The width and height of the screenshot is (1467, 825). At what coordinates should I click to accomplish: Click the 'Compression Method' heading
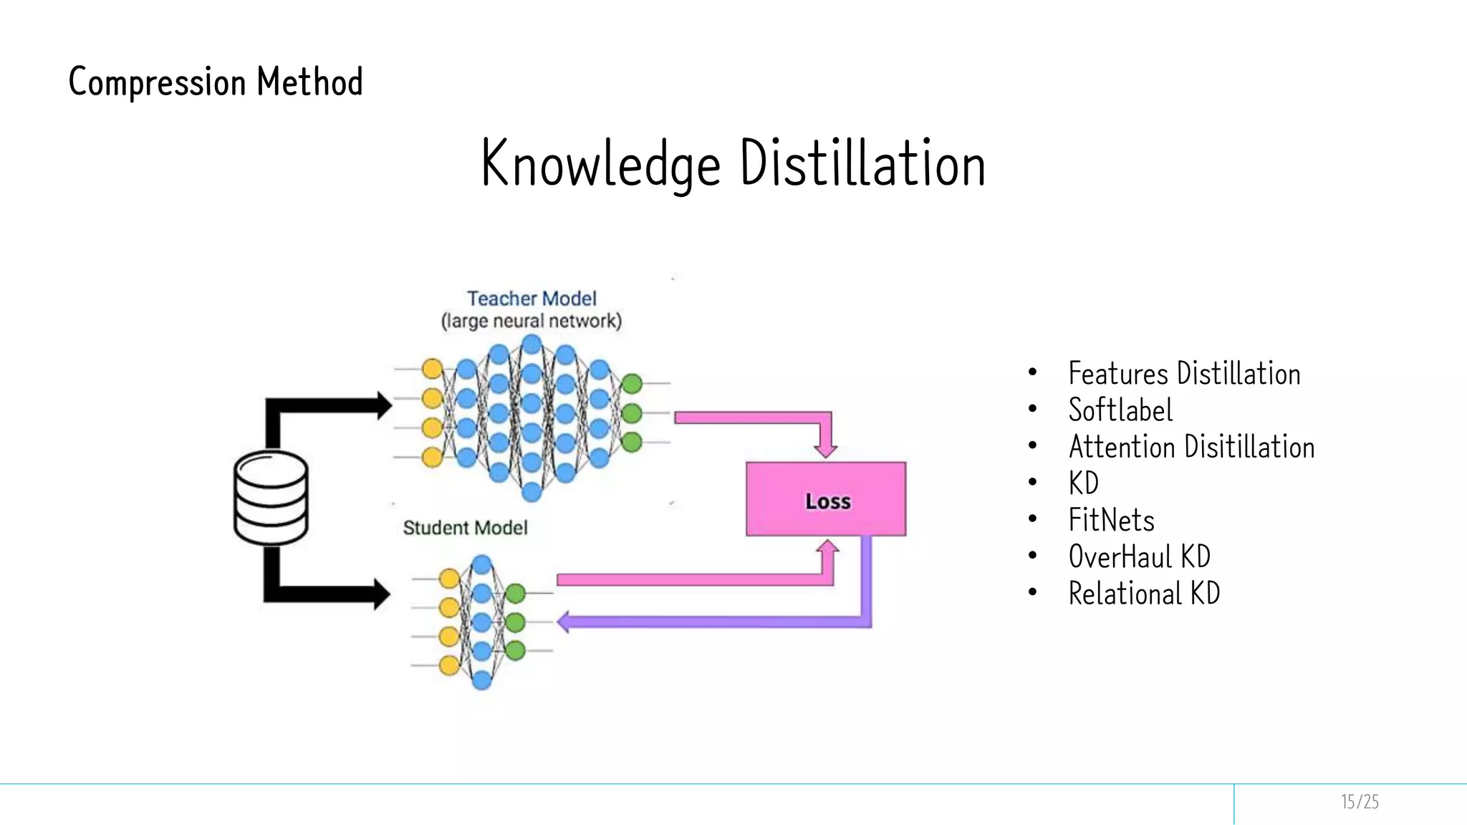click(x=215, y=82)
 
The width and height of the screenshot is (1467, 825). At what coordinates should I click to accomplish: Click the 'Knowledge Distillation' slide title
click(x=733, y=163)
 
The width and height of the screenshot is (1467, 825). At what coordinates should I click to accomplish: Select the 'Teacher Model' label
click(x=532, y=298)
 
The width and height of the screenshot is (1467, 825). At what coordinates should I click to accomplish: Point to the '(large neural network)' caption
click(x=532, y=321)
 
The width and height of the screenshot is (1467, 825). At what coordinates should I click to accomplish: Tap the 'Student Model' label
click(x=465, y=528)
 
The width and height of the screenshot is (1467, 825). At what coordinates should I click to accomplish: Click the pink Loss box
click(x=826, y=499)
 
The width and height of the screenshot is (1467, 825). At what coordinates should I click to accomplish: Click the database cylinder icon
click(x=271, y=498)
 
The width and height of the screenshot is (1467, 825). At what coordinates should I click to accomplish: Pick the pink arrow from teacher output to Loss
click(x=752, y=418)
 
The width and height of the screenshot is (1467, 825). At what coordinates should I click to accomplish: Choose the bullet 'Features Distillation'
click(x=1183, y=374)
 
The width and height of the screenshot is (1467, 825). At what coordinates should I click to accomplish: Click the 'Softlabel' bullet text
click(x=1120, y=410)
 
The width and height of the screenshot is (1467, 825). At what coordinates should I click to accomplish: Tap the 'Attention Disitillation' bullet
click(x=1191, y=447)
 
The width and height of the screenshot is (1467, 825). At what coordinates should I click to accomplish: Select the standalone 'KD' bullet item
click(x=1083, y=483)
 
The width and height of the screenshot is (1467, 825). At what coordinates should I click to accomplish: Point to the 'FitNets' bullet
click(x=1111, y=520)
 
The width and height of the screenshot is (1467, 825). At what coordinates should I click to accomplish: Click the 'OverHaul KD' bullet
click(x=1139, y=556)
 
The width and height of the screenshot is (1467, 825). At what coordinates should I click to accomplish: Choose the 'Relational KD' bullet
click(x=1144, y=593)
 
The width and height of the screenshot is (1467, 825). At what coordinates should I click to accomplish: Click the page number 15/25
click(x=1359, y=801)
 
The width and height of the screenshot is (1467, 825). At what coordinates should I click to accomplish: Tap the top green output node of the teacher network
click(x=632, y=384)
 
